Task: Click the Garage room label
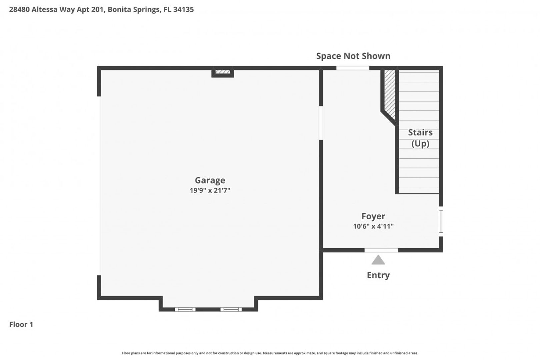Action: tap(210, 180)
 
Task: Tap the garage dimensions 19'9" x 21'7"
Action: tap(210, 190)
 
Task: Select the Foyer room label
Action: tap(373, 216)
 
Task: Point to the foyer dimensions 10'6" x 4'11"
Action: tap(373, 226)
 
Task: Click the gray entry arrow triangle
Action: tap(378, 260)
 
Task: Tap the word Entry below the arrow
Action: tap(378, 275)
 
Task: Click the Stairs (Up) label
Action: tap(420, 138)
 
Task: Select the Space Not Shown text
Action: tap(353, 56)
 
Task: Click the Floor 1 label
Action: tap(21, 324)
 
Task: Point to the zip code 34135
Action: tap(183, 9)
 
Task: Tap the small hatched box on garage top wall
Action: tap(223, 72)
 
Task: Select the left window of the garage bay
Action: tap(185, 309)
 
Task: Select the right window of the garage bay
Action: tap(231, 309)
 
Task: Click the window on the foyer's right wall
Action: tap(441, 221)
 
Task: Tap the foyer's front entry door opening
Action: tap(381, 250)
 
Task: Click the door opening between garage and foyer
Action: tap(321, 123)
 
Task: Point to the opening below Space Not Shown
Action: tap(352, 68)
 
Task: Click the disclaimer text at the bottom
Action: tap(270, 353)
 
